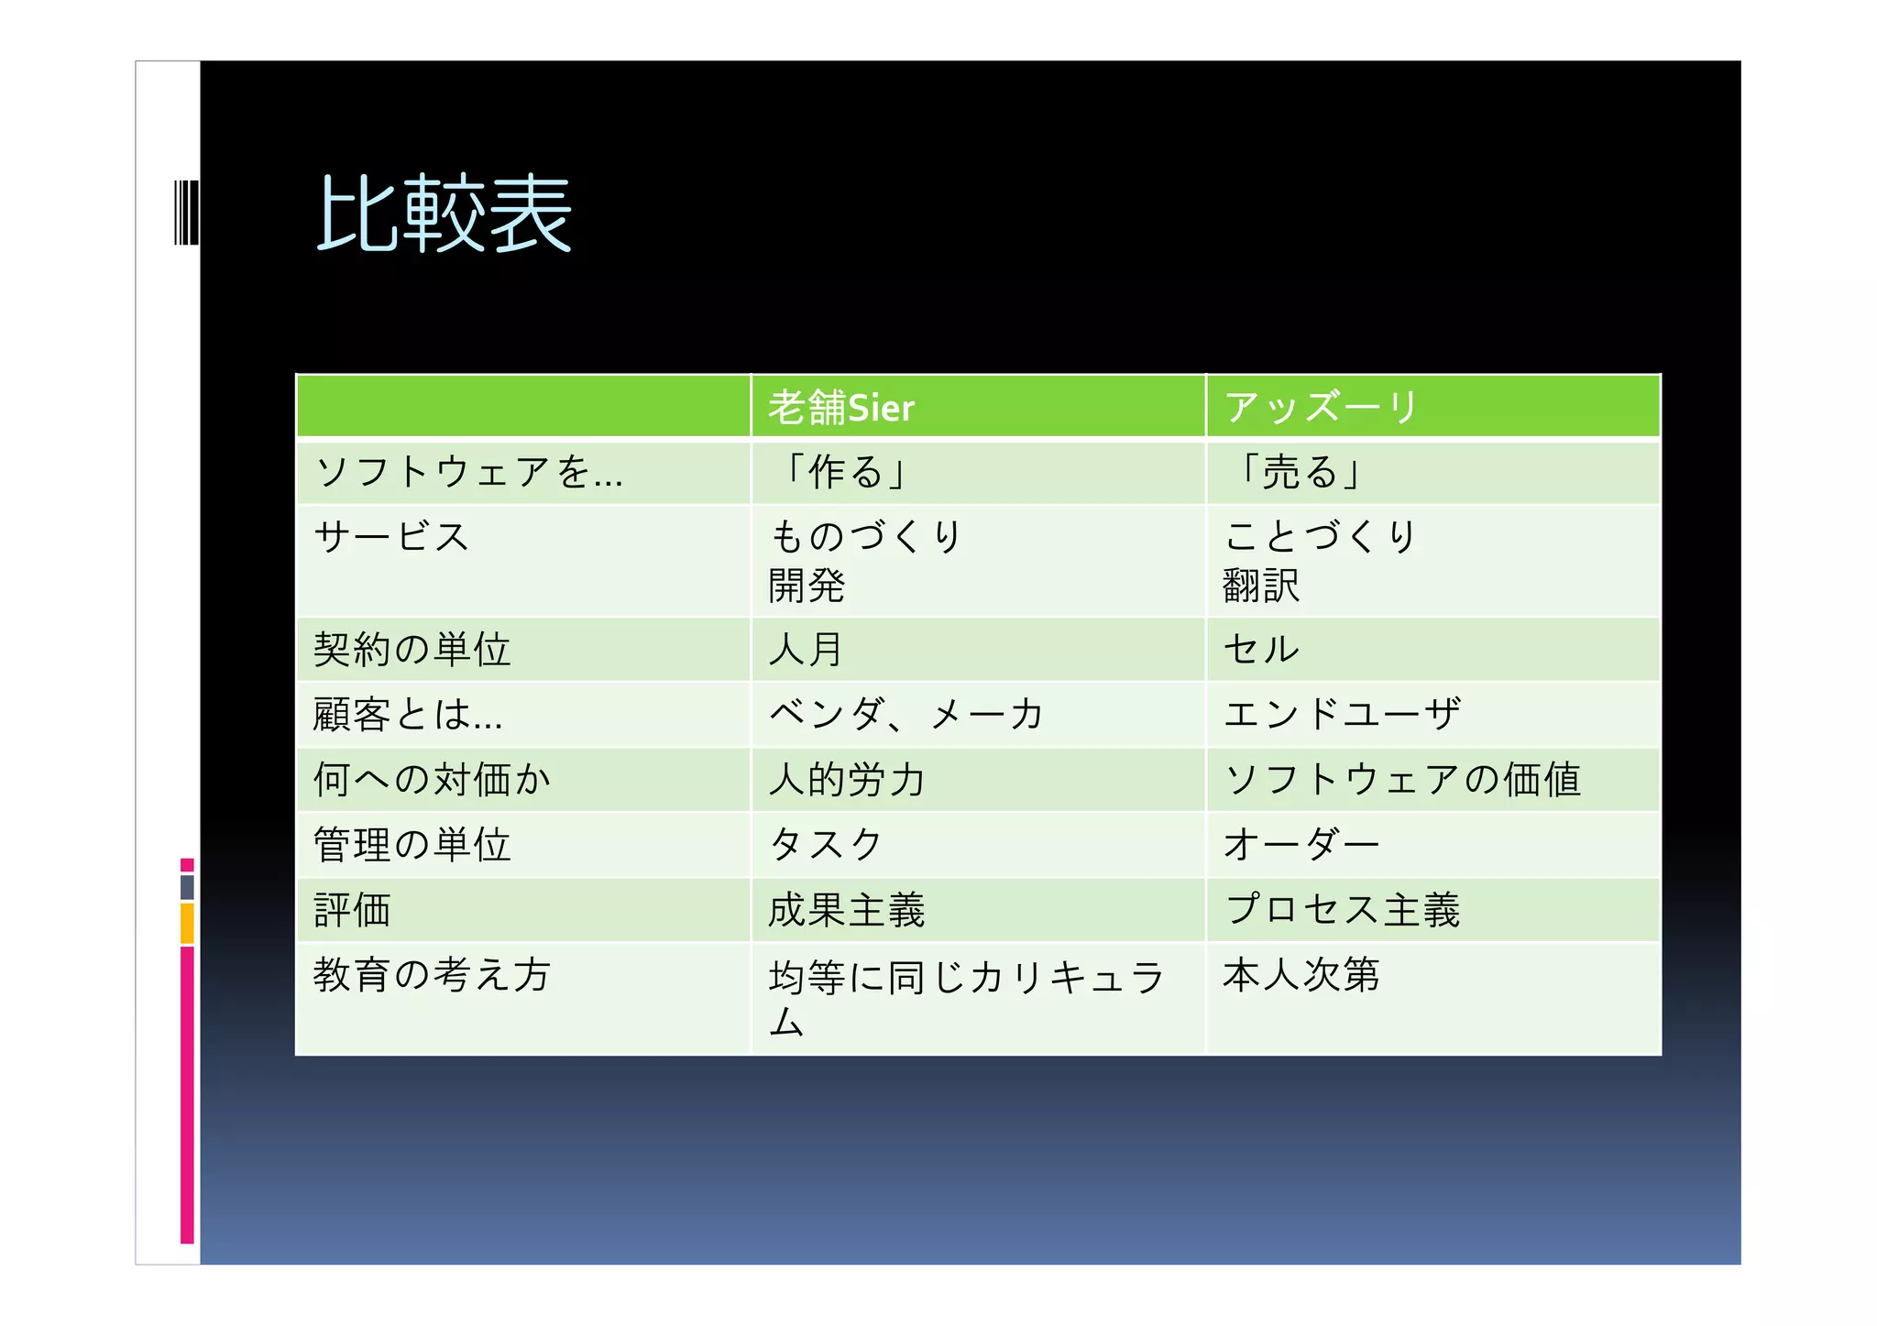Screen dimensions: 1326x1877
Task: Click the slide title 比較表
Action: [445, 214]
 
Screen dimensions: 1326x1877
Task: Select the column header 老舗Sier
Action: [841, 408]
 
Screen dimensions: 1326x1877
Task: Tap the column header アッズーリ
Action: [1321, 408]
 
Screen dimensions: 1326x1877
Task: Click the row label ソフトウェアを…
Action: [468, 473]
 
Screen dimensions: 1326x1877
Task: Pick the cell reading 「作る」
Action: [845, 473]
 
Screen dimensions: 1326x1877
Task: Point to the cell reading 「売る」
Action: [1299, 473]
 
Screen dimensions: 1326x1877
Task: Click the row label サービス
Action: [392, 537]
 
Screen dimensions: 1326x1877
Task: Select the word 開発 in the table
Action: [807, 586]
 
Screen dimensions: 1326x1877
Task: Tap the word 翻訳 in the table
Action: [1261, 586]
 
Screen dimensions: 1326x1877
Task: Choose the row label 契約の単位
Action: [412, 650]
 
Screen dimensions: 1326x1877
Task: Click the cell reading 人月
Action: [806, 650]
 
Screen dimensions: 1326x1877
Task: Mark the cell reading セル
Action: [1261, 650]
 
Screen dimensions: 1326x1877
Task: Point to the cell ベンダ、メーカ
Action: [906, 714]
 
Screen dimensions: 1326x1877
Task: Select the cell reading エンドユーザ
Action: [1342, 714]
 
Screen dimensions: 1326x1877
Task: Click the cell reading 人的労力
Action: [847, 780]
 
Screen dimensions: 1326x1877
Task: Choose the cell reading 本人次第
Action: [1301, 975]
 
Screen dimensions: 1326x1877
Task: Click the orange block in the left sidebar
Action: [187, 924]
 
